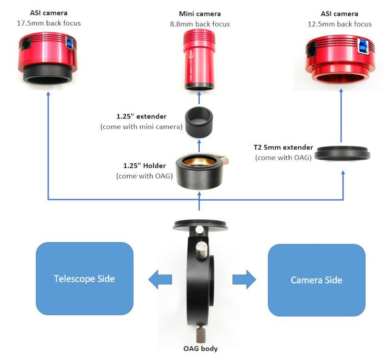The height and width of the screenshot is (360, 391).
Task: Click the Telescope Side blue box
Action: [x=84, y=278]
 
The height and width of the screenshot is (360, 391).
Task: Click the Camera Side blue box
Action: [x=316, y=280]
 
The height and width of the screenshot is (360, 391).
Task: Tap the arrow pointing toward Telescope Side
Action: [x=160, y=279]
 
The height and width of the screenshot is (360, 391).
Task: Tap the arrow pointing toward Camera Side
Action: [x=243, y=279]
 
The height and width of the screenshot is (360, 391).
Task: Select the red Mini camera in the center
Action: [x=199, y=58]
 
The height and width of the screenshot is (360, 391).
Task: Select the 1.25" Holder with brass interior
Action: [x=199, y=171]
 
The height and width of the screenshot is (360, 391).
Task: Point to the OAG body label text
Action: [x=200, y=349]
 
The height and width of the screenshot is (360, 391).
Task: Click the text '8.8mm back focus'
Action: [x=200, y=24]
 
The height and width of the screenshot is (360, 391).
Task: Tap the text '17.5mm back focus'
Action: [x=49, y=23]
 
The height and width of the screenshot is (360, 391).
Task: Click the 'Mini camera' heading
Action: [x=200, y=14]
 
